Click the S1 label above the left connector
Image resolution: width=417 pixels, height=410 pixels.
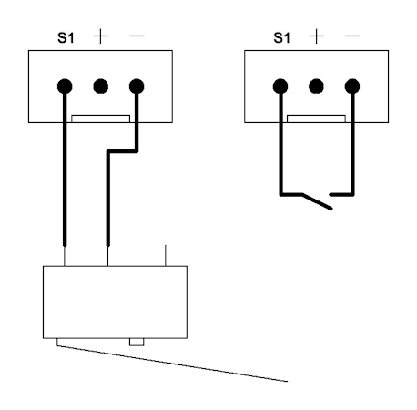(x=66, y=38)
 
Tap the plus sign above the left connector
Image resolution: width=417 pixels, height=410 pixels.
(x=101, y=36)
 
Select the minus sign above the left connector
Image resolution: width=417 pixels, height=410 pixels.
(x=137, y=36)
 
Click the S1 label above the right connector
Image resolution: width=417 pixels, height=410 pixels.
(x=281, y=38)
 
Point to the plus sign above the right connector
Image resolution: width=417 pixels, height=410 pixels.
(x=317, y=36)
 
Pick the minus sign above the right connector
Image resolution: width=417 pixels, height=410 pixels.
(x=352, y=36)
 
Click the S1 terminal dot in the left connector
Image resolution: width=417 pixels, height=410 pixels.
(x=65, y=87)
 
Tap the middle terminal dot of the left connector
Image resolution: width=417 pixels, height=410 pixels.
(x=101, y=87)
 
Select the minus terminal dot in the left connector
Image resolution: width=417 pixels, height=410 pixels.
(x=137, y=87)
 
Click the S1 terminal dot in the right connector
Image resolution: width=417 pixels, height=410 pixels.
(x=280, y=87)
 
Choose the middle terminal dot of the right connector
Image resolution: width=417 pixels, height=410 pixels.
(x=316, y=87)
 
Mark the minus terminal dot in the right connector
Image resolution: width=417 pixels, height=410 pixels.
(x=352, y=87)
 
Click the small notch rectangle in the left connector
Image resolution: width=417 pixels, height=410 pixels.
(x=101, y=118)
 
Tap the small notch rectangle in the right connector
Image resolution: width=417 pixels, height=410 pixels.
(x=316, y=118)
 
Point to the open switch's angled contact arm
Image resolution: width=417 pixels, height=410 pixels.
(x=317, y=201)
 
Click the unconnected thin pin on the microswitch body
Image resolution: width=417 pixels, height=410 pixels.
(x=166, y=255)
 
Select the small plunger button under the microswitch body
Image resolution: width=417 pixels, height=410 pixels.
(x=137, y=342)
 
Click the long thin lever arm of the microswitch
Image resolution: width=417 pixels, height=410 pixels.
(x=172, y=364)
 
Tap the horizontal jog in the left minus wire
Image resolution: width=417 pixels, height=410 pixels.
(x=122, y=151)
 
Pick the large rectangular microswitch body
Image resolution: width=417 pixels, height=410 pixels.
(x=115, y=302)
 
